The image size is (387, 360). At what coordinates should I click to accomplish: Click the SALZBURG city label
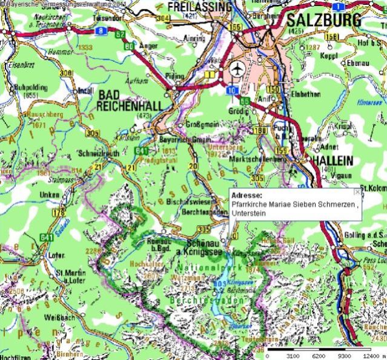[x=323, y=20]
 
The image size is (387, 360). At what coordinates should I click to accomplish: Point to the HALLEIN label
[x=332, y=160]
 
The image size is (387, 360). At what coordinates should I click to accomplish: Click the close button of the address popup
[x=357, y=191]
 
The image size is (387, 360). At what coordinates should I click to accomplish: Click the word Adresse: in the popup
[x=246, y=196]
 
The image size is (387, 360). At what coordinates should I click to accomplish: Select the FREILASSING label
[x=199, y=7]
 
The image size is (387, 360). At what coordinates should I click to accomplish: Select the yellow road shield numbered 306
[x=66, y=73]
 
